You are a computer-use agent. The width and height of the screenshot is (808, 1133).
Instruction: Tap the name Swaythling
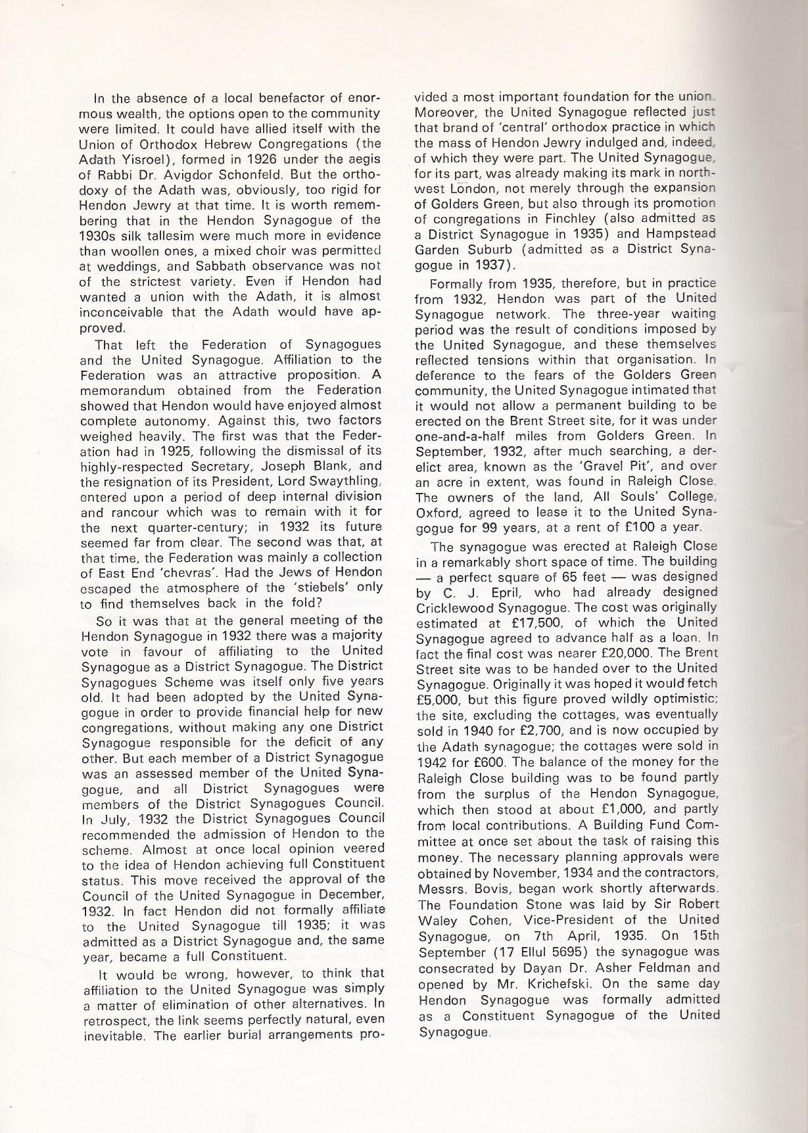pyautogui.click(x=342, y=482)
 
